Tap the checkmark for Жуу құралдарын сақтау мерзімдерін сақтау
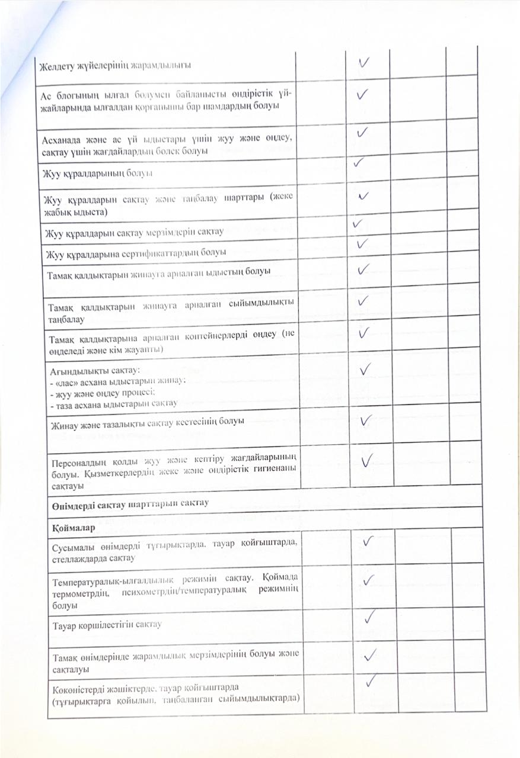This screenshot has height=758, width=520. pyautogui.click(x=357, y=224)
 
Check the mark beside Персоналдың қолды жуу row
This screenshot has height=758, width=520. pyautogui.click(x=367, y=460)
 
